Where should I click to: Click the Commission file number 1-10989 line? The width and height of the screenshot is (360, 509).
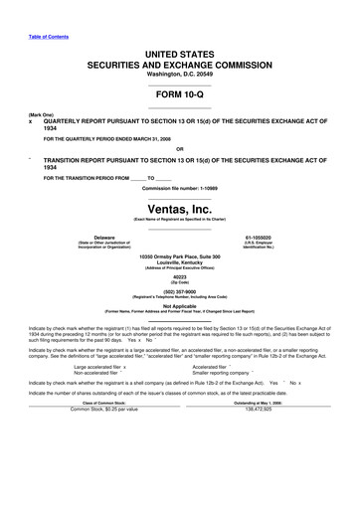(x=179, y=187)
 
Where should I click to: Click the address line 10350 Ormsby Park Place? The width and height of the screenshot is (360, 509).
(x=179, y=257)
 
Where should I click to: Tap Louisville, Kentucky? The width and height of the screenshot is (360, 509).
(x=179, y=263)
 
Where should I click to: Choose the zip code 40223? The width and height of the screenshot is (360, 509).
(x=179, y=276)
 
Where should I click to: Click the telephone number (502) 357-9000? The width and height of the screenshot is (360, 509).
(x=179, y=293)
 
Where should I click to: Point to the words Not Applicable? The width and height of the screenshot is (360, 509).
(x=179, y=307)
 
